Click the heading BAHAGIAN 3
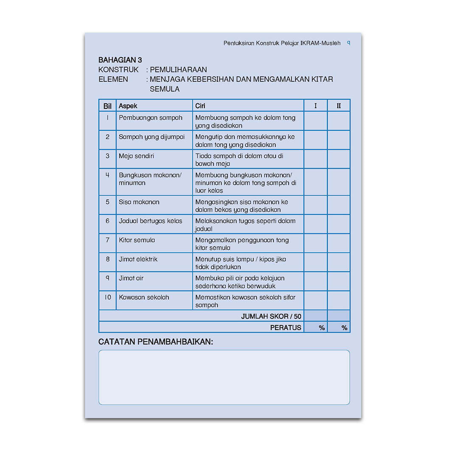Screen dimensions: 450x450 pyautogui.click(x=120, y=60)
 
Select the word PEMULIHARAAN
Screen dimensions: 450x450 pyautogui.click(x=178, y=70)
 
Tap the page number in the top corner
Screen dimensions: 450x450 pyautogui.click(x=349, y=43)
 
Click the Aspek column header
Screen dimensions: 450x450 pyautogui.click(x=128, y=106)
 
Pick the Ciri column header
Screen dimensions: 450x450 pyautogui.click(x=200, y=106)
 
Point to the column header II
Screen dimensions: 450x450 pyautogui.click(x=338, y=106)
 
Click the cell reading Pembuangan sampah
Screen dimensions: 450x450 pyautogui.click(x=150, y=118)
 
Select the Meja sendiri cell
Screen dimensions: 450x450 pyautogui.click(x=136, y=156)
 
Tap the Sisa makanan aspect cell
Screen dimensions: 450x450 pyautogui.click(x=139, y=202)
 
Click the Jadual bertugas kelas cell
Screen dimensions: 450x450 pyautogui.click(x=150, y=221)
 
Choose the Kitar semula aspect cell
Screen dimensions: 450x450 pyautogui.click(x=137, y=240)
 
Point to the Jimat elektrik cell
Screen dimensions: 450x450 pyautogui.click(x=138, y=259)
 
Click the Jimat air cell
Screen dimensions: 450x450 pyautogui.click(x=131, y=278)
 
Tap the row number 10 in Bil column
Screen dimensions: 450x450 pyautogui.click(x=107, y=297)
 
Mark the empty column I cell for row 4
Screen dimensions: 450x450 pyautogui.click(x=315, y=182)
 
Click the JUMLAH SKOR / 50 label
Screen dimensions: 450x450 pyautogui.click(x=271, y=316)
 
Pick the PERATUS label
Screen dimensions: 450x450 pyautogui.click(x=286, y=327)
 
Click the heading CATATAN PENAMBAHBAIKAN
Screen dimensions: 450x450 pyautogui.click(x=156, y=342)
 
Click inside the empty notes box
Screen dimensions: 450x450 pyautogui.click(x=224, y=377)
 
